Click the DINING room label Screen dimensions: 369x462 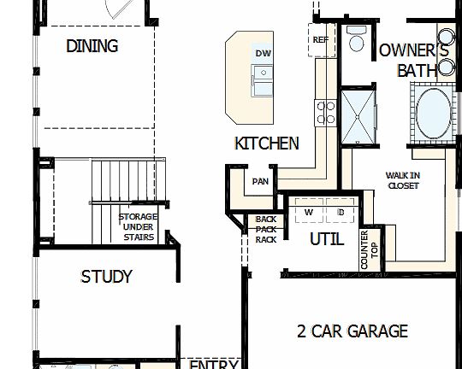coord(92,46)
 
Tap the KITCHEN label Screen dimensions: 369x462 coord(266,143)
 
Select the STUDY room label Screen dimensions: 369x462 coord(106,277)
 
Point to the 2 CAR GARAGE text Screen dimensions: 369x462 coord(352,331)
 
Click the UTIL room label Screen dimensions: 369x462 coord(326,240)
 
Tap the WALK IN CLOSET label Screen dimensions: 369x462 coord(403,181)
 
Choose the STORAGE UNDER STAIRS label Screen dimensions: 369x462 coord(137,227)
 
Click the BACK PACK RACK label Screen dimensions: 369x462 coord(265,230)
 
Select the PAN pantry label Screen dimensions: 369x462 coord(260,181)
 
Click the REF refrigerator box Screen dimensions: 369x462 coord(321,39)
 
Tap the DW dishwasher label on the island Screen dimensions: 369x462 coord(263,54)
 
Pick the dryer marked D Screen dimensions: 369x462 coord(340,211)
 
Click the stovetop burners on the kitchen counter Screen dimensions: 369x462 coord(326,113)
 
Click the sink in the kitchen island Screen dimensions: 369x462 coord(262,83)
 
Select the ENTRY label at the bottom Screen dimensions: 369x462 coord(213,365)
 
